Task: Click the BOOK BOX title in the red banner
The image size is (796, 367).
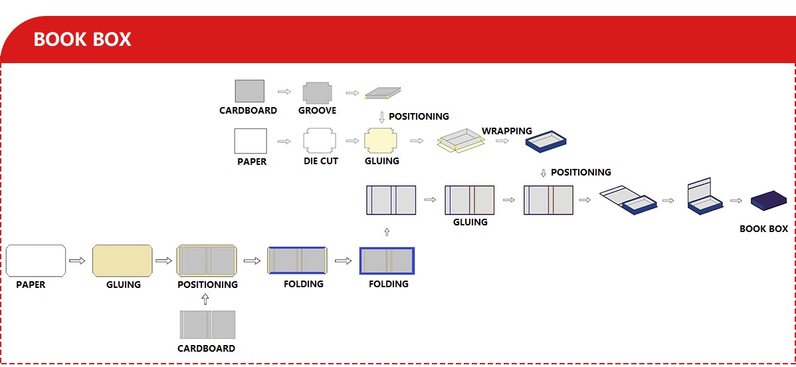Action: click(82, 40)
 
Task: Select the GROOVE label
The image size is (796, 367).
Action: click(317, 110)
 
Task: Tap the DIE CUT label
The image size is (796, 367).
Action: click(320, 161)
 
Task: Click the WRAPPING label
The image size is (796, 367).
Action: click(507, 130)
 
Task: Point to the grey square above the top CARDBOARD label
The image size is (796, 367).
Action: click(249, 91)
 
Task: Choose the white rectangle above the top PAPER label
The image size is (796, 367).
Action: click(250, 141)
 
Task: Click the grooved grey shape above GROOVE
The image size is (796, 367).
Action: click(318, 92)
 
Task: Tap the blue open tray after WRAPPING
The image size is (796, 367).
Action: click(546, 141)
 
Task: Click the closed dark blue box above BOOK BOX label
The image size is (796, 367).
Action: click(769, 200)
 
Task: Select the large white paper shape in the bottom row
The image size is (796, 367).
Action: click(36, 261)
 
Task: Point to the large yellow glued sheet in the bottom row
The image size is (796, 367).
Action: click(123, 261)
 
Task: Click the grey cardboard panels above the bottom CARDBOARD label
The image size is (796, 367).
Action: click(207, 324)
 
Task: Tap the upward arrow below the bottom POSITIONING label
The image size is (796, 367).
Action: click(205, 300)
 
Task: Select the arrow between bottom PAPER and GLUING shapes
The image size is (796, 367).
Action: click(78, 261)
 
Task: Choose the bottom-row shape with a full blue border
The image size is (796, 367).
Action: click(387, 261)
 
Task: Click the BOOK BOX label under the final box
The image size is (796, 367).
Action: click(763, 229)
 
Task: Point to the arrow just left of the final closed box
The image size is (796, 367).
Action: click(736, 200)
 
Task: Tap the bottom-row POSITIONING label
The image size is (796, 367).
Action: click(207, 285)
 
